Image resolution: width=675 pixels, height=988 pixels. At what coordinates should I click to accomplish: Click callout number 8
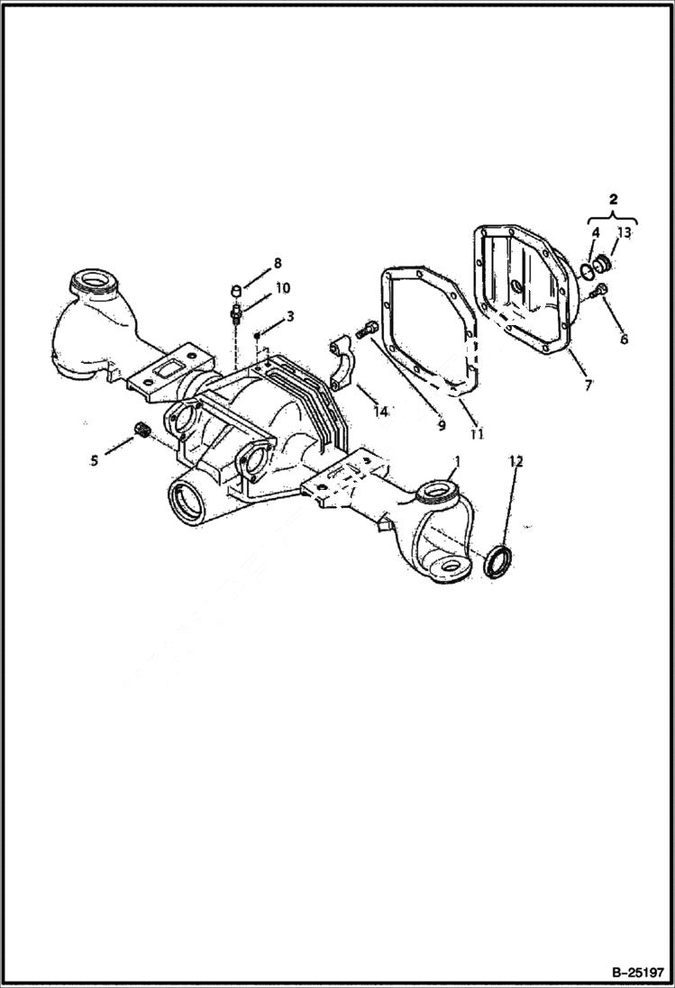tap(278, 263)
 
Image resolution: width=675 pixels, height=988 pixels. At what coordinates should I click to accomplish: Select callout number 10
tap(282, 288)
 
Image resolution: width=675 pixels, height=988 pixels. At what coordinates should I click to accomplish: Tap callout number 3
tap(289, 316)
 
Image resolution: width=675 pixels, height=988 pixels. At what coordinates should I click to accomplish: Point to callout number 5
tap(95, 460)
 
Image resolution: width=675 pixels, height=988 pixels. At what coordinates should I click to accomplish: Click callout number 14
tap(381, 412)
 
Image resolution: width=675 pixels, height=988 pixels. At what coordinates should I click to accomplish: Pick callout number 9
tap(442, 425)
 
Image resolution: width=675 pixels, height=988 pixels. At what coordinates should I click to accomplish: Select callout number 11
tap(477, 433)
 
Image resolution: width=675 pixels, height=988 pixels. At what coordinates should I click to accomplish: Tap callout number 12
tap(515, 460)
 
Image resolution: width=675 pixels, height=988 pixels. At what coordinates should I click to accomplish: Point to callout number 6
tap(624, 340)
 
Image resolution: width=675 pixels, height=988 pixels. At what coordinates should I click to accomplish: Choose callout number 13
tap(625, 233)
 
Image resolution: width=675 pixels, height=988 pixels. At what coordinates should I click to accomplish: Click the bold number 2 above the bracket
tap(613, 200)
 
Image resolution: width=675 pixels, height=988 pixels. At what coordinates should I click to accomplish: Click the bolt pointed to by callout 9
tap(367, 331)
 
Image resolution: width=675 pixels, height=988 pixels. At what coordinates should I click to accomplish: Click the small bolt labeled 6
tap(601, 290)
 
